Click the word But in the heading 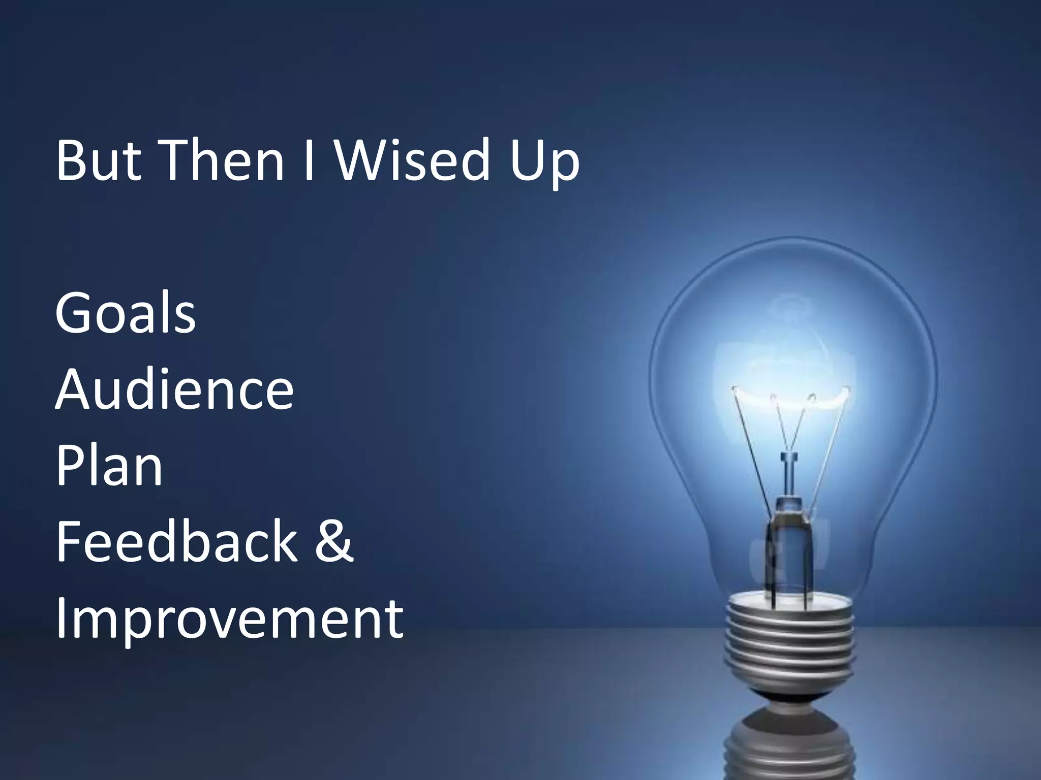coord(99,160)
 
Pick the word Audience coord(174,389)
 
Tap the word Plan coord(109,466)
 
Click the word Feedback coord(176,542)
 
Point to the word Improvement coord(229,620)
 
